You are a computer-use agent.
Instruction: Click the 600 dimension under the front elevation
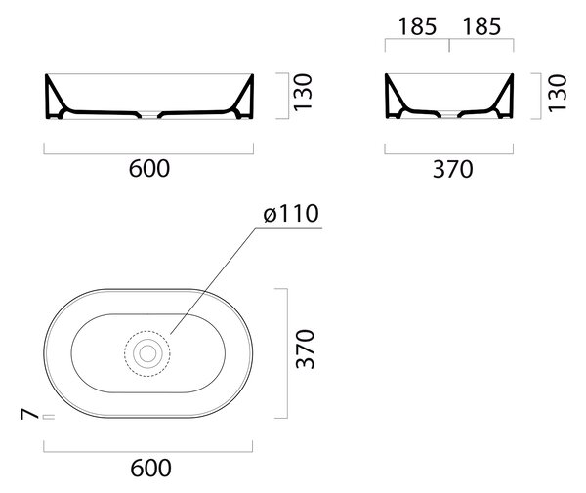click(149, 169)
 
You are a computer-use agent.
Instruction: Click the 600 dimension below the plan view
click(150, 468)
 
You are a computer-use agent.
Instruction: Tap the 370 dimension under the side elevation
click(452, 169)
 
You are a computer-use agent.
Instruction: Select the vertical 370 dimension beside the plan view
click(305, 349)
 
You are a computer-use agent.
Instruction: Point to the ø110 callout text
click(291, 213)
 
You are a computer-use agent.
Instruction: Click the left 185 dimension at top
click(417, 27)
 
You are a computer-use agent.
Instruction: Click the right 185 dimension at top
click(481, 27)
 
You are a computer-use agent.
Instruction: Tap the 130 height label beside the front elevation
click(303, 93)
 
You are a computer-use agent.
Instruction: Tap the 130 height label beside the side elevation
click(558, 93)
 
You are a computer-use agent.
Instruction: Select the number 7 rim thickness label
click(30, 414)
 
